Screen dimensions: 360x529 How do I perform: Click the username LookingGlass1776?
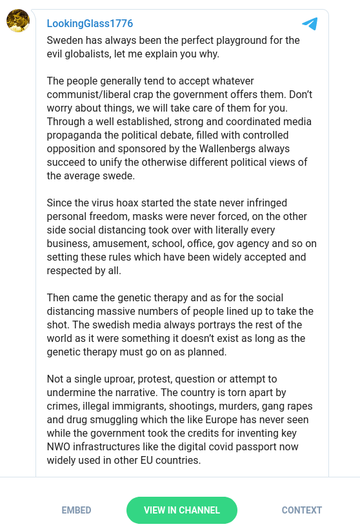click(x=90, y=24)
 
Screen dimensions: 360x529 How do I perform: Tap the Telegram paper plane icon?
click(x=310, y=24)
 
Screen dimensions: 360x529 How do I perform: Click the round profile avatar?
click(x=17, y=21)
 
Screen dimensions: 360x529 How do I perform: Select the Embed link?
click(x=76, y=510)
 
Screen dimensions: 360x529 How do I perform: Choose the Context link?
click(x=301, y=510)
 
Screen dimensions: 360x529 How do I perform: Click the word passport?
click(x=265, y=446)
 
